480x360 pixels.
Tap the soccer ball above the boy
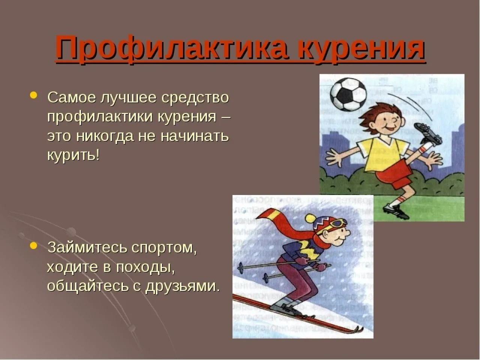coord(348,94)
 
